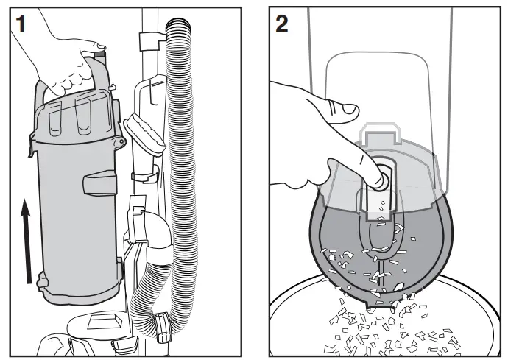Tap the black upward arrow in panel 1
(25, 243)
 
